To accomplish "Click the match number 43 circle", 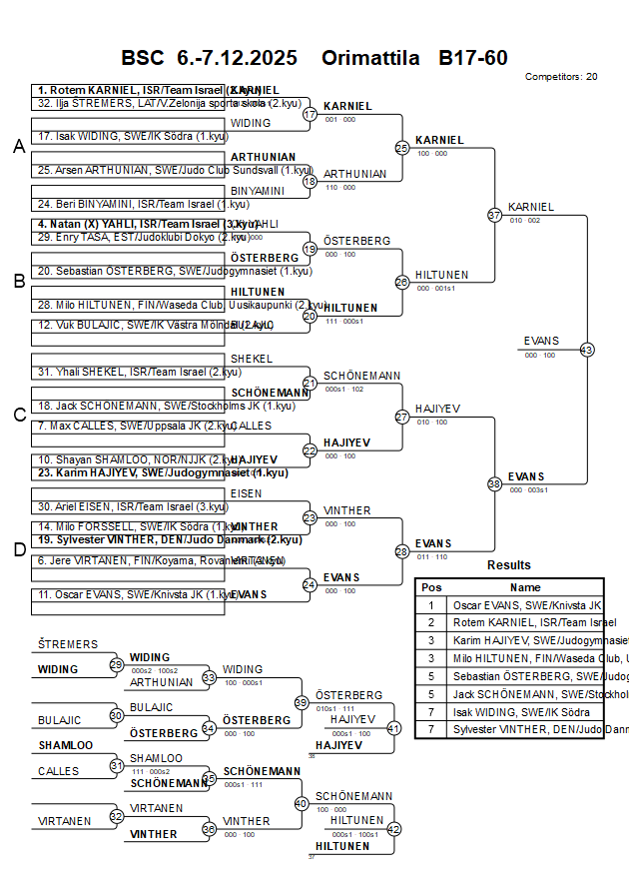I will (587, 350).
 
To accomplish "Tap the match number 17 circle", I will (310, 114).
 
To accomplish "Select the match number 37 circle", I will (494, 215).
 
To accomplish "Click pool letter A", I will (18, 147).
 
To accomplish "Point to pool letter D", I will (18, 548).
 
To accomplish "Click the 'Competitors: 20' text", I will (561, 76).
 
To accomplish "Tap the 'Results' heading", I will (509, 565).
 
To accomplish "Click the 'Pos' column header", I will (431, 587).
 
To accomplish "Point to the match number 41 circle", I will (393, 728).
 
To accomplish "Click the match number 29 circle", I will (116, 664).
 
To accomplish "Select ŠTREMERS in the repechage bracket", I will (68, 644).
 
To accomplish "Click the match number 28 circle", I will (402, 551).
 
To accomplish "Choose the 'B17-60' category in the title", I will (472, 58).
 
